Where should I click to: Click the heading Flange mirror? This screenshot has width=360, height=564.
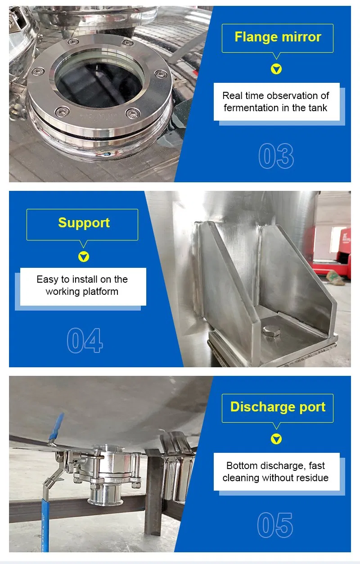[278, 37]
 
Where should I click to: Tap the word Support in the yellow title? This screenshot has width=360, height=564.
[84, 223]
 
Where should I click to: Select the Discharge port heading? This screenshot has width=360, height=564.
[278, 407]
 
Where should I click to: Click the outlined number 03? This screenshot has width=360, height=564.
[276, 156]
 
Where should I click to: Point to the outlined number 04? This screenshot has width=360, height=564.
[85, 340]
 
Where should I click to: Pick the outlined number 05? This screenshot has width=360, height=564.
[275, 525]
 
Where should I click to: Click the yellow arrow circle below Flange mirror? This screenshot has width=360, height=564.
[276, 69]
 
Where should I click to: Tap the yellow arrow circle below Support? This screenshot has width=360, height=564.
[84, 257]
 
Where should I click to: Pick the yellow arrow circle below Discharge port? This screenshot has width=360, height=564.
[276, 439]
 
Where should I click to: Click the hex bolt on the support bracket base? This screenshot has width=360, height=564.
[271, 331]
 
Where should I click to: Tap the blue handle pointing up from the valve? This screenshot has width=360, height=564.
[58, 428]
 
